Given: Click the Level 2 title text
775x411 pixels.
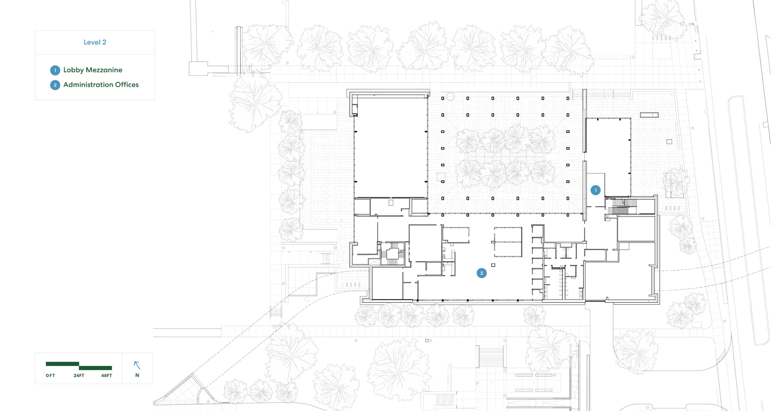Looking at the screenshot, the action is coord(95,42).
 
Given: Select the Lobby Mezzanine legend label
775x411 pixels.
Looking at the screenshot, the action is coord(93,70).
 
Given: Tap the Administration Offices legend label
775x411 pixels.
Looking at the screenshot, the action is coord(101,85).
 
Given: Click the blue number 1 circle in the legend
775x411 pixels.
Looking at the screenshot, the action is coord(55,70).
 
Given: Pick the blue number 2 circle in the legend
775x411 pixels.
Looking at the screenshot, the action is coord(55,85).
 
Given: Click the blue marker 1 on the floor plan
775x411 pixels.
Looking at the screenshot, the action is coord(595,190).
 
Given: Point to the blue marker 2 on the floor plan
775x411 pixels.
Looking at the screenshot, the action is coord(482,273).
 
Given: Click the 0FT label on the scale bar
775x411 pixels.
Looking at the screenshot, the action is coord(50,376).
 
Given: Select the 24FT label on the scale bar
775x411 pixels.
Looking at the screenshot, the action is coord(79,376).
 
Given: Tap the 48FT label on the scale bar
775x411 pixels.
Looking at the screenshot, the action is coord(107,376).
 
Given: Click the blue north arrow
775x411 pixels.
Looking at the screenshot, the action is coord(137,365).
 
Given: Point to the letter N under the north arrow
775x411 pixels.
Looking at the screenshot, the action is coord(137,375).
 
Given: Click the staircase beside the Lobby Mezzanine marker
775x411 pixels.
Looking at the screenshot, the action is coord(621,207).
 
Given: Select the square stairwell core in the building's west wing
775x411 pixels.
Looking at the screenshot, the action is coord(392,253).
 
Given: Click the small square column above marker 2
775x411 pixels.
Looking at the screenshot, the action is coord(493,265).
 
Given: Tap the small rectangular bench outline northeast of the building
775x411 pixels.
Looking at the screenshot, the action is coord(649,115).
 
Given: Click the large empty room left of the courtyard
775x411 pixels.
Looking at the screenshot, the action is coord(391,147).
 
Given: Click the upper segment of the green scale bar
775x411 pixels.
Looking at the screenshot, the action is coord(62,364).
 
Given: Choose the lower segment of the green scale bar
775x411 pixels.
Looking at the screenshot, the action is coord(95,368).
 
